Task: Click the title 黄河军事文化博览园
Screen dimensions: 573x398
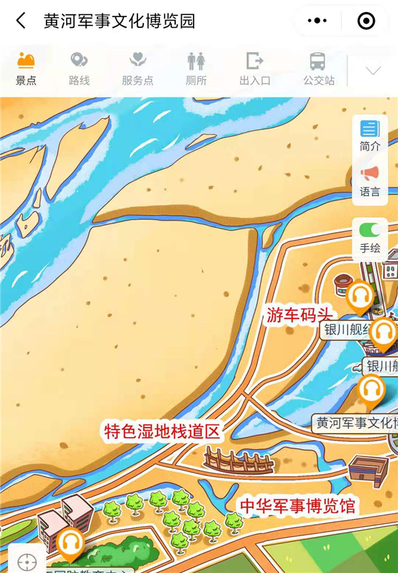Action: coord(119,21)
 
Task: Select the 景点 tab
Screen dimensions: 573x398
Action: coord(26,70)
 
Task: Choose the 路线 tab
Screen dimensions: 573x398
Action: coord(79,70)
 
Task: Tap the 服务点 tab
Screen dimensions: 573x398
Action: coord(137,70)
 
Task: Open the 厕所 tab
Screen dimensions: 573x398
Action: coord(196,70)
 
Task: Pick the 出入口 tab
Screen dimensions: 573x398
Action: coord(255,70)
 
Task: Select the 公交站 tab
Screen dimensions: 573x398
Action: coord(318,70)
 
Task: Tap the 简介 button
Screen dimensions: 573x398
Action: coord(369,135)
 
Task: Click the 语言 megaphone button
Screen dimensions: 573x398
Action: coord(369,181)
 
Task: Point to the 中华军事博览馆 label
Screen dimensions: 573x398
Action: coord(298,507)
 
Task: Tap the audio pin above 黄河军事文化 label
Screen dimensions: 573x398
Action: coord(371,391)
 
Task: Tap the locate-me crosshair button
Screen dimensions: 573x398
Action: coord(27,562)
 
